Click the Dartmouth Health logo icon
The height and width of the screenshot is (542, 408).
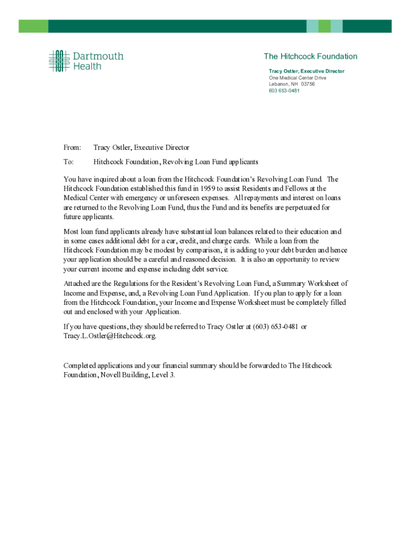point(59,61)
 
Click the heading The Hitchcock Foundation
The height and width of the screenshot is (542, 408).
point(311,57)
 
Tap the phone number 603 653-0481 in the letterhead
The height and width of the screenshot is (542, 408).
point(284,91)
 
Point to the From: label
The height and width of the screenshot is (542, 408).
point(73,148)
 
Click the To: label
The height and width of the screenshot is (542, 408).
point(69,161)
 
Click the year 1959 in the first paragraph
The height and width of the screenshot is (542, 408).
point(207,188)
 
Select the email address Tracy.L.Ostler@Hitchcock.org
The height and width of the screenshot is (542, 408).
point(110,336)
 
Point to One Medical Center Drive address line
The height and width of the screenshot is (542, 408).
point(297,78)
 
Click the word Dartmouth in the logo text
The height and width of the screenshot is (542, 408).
point(98,56)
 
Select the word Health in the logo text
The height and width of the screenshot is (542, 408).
point(87,66)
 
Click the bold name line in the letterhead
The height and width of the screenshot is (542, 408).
point(306,71)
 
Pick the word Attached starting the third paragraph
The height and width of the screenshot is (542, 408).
point(77,284)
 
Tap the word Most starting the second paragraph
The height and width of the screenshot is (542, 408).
point(71,232)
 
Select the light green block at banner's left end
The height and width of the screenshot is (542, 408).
point(33,26)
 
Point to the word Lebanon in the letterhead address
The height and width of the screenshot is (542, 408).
point(279,84)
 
